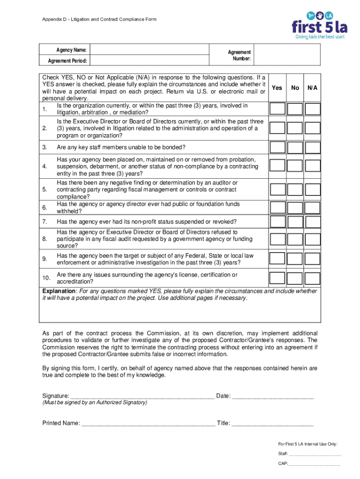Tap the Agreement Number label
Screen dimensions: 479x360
coord(239,56)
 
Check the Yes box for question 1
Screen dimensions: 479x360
coord(277,109)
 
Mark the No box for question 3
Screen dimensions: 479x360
coord(295,147)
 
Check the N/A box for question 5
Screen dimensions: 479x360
coord(313,189)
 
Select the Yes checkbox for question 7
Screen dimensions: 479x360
coord(277,222)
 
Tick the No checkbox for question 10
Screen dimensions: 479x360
coord(295,279)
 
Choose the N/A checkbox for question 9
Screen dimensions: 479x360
coord(313,259)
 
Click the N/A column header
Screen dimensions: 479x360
coord(312,87)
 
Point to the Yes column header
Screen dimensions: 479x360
coord(277,87)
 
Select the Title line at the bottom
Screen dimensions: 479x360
coord(272,424)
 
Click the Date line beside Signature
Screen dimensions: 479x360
coord(273,397)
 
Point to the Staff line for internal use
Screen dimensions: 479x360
coord(315,454)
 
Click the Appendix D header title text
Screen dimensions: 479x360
coord(99,20)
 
